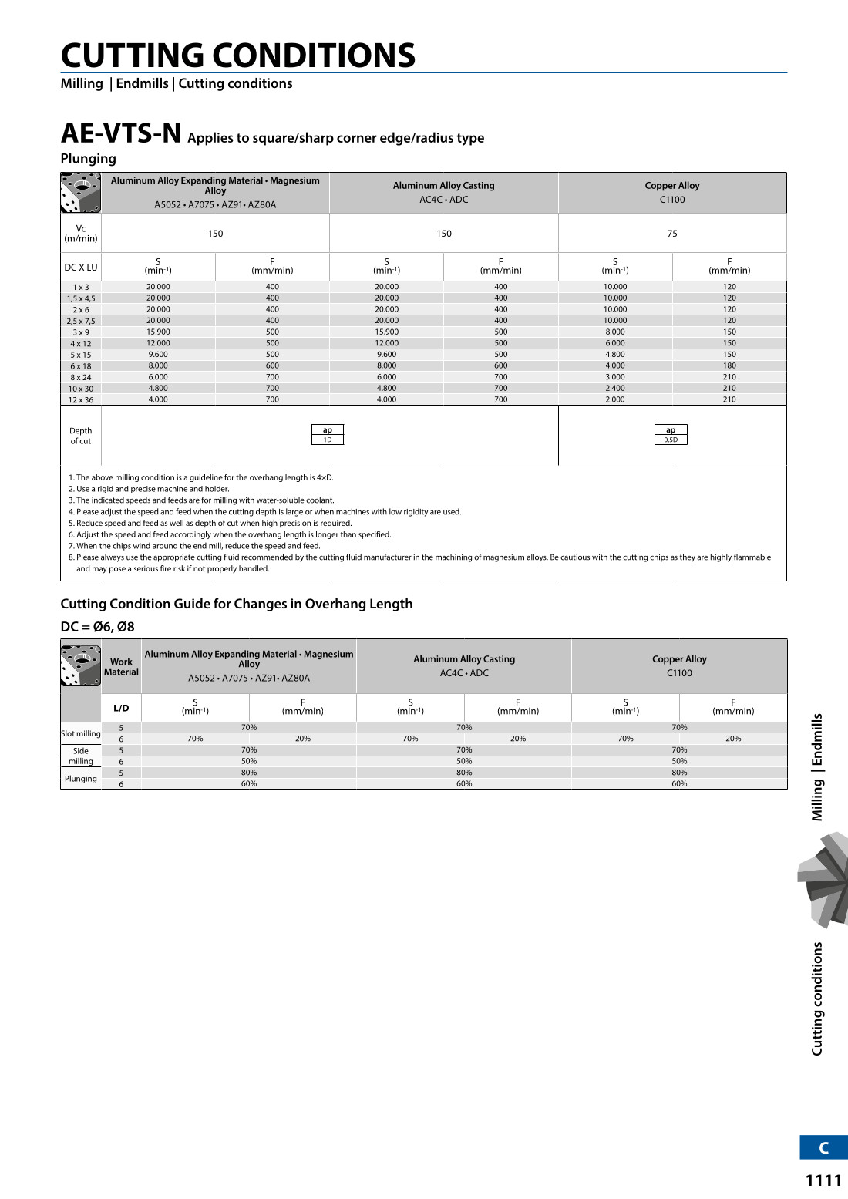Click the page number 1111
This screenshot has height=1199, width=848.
click(823, 1180)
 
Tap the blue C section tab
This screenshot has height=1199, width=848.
click(823, 1147)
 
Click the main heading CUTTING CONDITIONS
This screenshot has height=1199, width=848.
click(238, 56)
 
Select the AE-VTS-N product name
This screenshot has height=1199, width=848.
click(121, 134)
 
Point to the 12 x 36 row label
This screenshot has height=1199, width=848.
click(81, 400)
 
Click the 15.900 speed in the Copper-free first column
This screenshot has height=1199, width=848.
click(158, 332)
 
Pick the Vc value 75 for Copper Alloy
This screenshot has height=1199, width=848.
click(672, 234)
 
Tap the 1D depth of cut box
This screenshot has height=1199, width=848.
click(328, 435)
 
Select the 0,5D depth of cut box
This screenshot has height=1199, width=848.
click(671, 435)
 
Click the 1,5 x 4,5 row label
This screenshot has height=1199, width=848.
click(81, 298)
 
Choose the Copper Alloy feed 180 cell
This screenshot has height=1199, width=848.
click(729, 366)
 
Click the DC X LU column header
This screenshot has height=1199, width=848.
click(81, 268)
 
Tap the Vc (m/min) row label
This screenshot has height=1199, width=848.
click(81, 234)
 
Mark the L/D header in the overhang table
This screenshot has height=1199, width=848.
click(121, 708)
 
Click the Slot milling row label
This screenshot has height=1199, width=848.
click(81, 734)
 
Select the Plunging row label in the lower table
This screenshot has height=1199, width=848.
click(81, 779)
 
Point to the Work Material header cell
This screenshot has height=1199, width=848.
click(121, 666)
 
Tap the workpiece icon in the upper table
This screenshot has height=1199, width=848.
click(81, 193)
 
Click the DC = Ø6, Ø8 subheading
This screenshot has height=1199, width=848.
click(98, 627)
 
